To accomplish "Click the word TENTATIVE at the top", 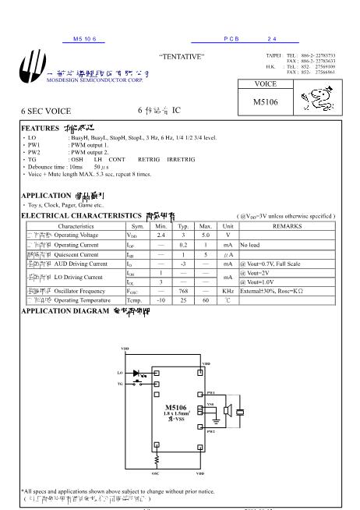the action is coord(182,57).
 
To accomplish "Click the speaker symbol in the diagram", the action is coord(227,413).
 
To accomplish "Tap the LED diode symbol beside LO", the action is coord(141,374).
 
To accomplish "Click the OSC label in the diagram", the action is coord(154,472).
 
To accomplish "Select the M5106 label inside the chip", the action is coord(177,407).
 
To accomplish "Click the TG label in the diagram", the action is coord(119,384).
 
